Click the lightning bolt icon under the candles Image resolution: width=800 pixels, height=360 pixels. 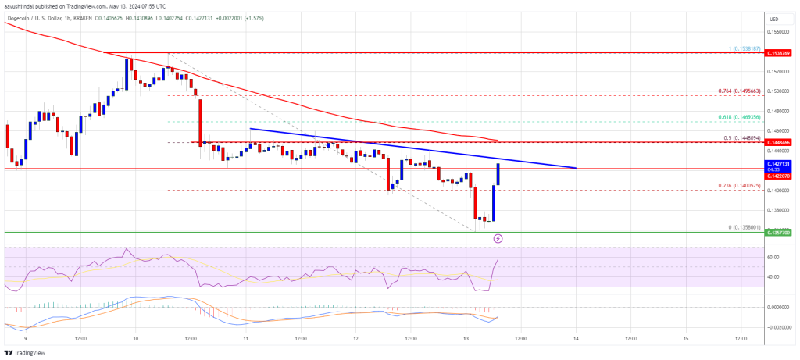(498, 238)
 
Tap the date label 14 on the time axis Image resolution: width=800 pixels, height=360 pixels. (576, 339)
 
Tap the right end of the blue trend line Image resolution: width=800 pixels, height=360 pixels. (576, 168)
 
